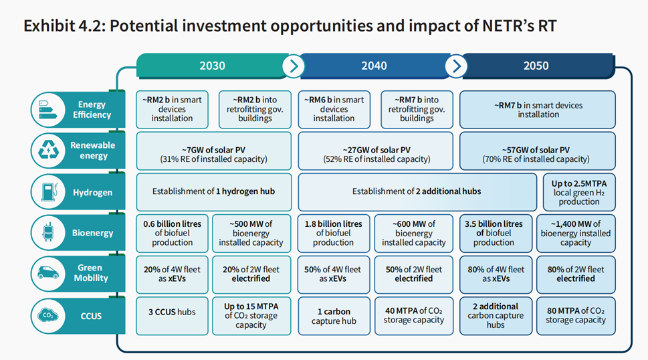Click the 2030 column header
coord(212,66)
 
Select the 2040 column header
coord(374,66)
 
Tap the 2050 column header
coord(536,66)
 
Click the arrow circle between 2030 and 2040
coord(293,66)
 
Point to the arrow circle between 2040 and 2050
coord(457,66)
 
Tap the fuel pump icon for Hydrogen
coord(49,192)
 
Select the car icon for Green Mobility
coord(49,273)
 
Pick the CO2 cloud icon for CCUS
coord(49,314)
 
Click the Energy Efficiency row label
coord(92,110)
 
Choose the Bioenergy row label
coord(92,233)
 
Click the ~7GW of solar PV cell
coord(213,151)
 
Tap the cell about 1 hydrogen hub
coord(213,192)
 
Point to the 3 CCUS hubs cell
coord(173,315)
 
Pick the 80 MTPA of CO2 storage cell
coord(575,315)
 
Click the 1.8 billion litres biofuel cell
coord(333,234)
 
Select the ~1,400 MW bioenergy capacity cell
coord(575,234)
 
